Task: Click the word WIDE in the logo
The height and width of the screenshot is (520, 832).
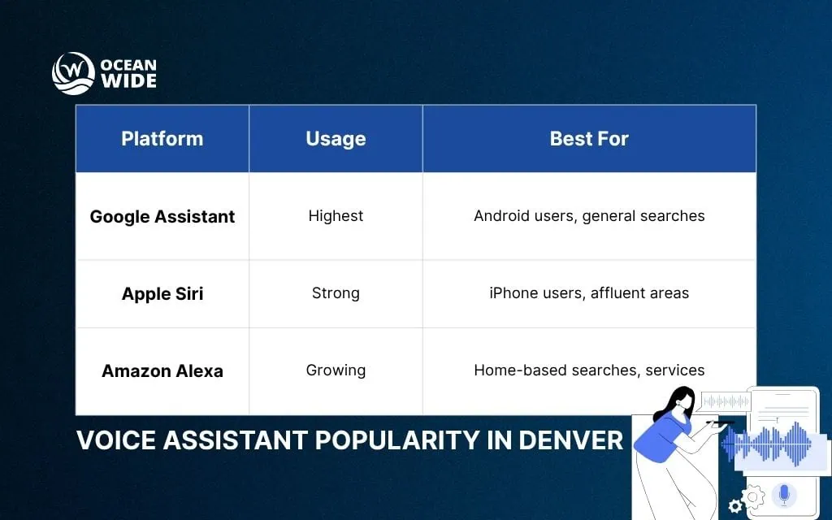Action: (128, 81)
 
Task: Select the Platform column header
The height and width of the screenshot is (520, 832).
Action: (162, 139)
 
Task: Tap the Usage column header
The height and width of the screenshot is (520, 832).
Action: (336, 139)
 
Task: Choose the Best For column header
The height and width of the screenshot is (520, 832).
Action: (589, 139)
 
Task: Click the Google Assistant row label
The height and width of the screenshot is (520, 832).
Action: (162, 217)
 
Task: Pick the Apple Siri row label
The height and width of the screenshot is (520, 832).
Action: (162, 293)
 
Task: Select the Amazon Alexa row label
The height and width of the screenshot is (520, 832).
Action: (162, 370)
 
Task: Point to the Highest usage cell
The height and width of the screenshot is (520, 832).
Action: (336, 216)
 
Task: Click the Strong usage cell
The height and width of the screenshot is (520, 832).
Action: (336, 293)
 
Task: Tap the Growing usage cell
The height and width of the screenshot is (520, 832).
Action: (336, 370)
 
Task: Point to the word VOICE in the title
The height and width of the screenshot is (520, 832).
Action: (112, 440)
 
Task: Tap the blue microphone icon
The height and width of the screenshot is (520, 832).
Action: (783, 493)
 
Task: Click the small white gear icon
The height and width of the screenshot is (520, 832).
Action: (735, 507)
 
